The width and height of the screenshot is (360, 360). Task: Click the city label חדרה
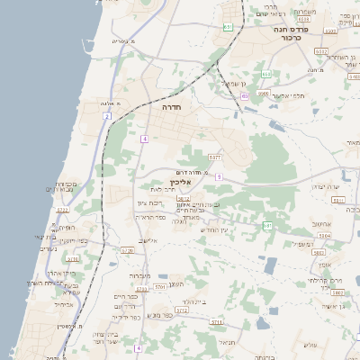tap(172, 106)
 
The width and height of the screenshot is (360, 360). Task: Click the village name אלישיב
tap(148, 240)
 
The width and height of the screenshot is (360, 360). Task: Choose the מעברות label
tap(139, 275)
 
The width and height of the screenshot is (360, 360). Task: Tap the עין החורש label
tap(217, 231)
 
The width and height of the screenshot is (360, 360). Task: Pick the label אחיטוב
tap(321, 224)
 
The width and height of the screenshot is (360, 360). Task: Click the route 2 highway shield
tap(106, 116)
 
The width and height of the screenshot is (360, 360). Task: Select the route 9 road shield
tap(219, 176)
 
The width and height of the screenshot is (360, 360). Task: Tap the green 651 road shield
tap(228, 28)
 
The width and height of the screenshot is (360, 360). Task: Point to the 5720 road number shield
tap(126, 250)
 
